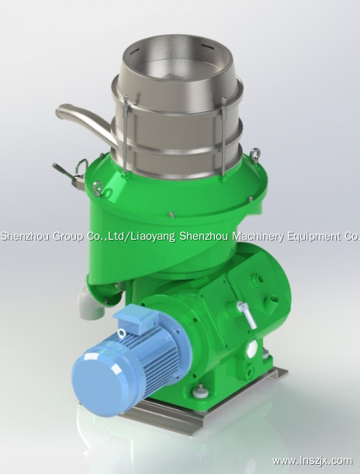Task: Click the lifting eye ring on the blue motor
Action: point(122,334)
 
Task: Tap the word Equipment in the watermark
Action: point(311,235)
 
